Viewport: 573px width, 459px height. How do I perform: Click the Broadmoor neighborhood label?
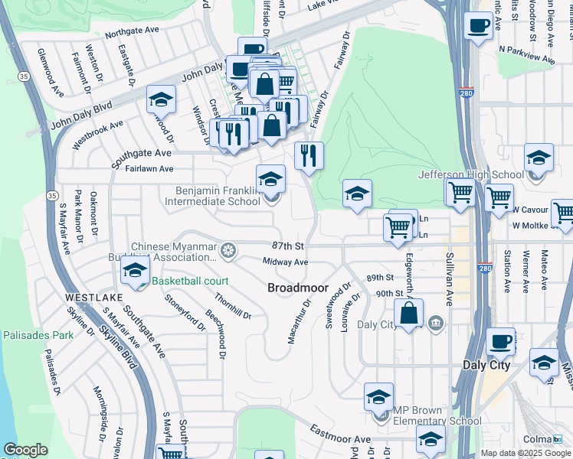(x=298, y=288)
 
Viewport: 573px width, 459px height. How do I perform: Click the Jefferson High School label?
(x=470, y=174)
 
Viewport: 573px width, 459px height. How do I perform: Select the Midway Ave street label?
(x=285, y=262)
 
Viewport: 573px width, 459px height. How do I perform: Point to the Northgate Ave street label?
(x=132, y=34)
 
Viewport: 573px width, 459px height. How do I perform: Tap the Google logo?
(x=25, y=450)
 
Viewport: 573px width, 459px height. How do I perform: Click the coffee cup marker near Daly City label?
(x=501, y=342)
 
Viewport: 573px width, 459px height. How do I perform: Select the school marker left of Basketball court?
(x=136, y=271)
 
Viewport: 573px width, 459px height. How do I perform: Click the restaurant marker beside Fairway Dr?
(x=309, y=155)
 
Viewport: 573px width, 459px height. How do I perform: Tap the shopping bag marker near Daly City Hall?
(x=409, y=312)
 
